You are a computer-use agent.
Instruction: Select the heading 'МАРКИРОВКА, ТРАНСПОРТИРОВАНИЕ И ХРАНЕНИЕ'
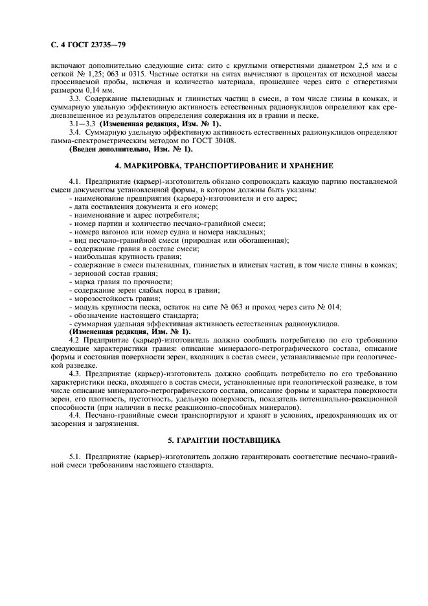(214, 166)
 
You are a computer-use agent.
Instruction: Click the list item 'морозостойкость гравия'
(107, 298)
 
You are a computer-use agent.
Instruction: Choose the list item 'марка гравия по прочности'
(111, 282)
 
